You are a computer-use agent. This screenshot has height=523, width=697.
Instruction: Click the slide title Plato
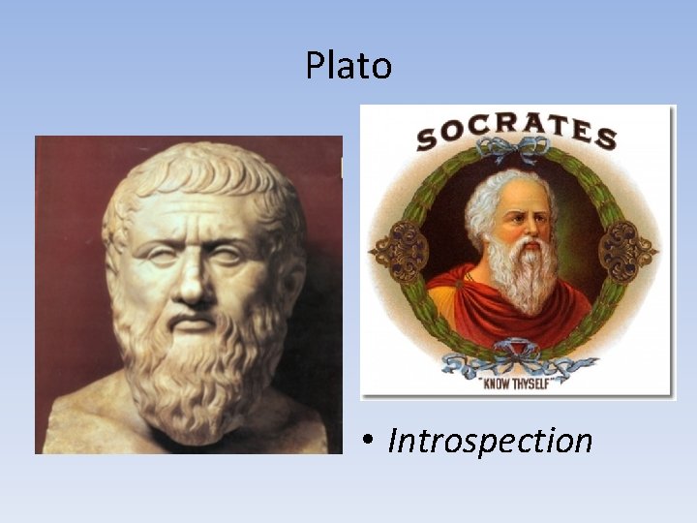coord(348,66)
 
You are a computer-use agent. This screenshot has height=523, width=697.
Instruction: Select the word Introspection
coord(490,442)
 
